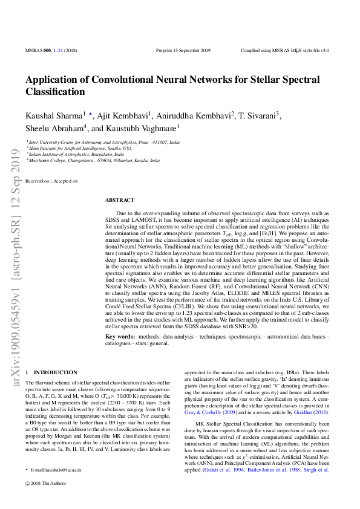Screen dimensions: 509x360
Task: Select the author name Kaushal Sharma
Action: [54, 115]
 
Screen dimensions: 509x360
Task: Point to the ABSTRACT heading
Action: [120, 199]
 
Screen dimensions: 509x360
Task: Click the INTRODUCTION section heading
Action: [55, 372]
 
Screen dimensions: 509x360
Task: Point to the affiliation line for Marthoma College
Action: [94, 161]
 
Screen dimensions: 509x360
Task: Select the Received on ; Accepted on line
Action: [51, 181]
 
